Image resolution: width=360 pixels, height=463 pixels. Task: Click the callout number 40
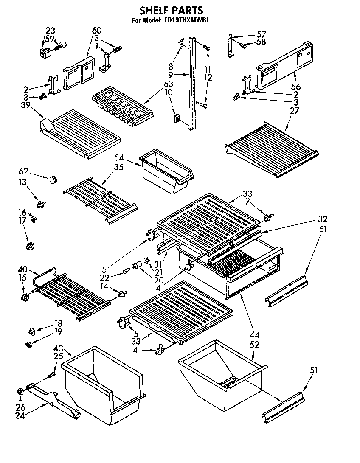22,269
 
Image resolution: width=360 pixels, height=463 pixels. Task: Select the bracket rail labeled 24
53,398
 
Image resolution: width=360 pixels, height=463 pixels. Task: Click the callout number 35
118,167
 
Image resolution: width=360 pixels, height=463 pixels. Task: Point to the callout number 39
25,105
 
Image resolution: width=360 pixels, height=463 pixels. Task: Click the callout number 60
97,31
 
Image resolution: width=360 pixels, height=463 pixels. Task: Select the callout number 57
261,34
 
